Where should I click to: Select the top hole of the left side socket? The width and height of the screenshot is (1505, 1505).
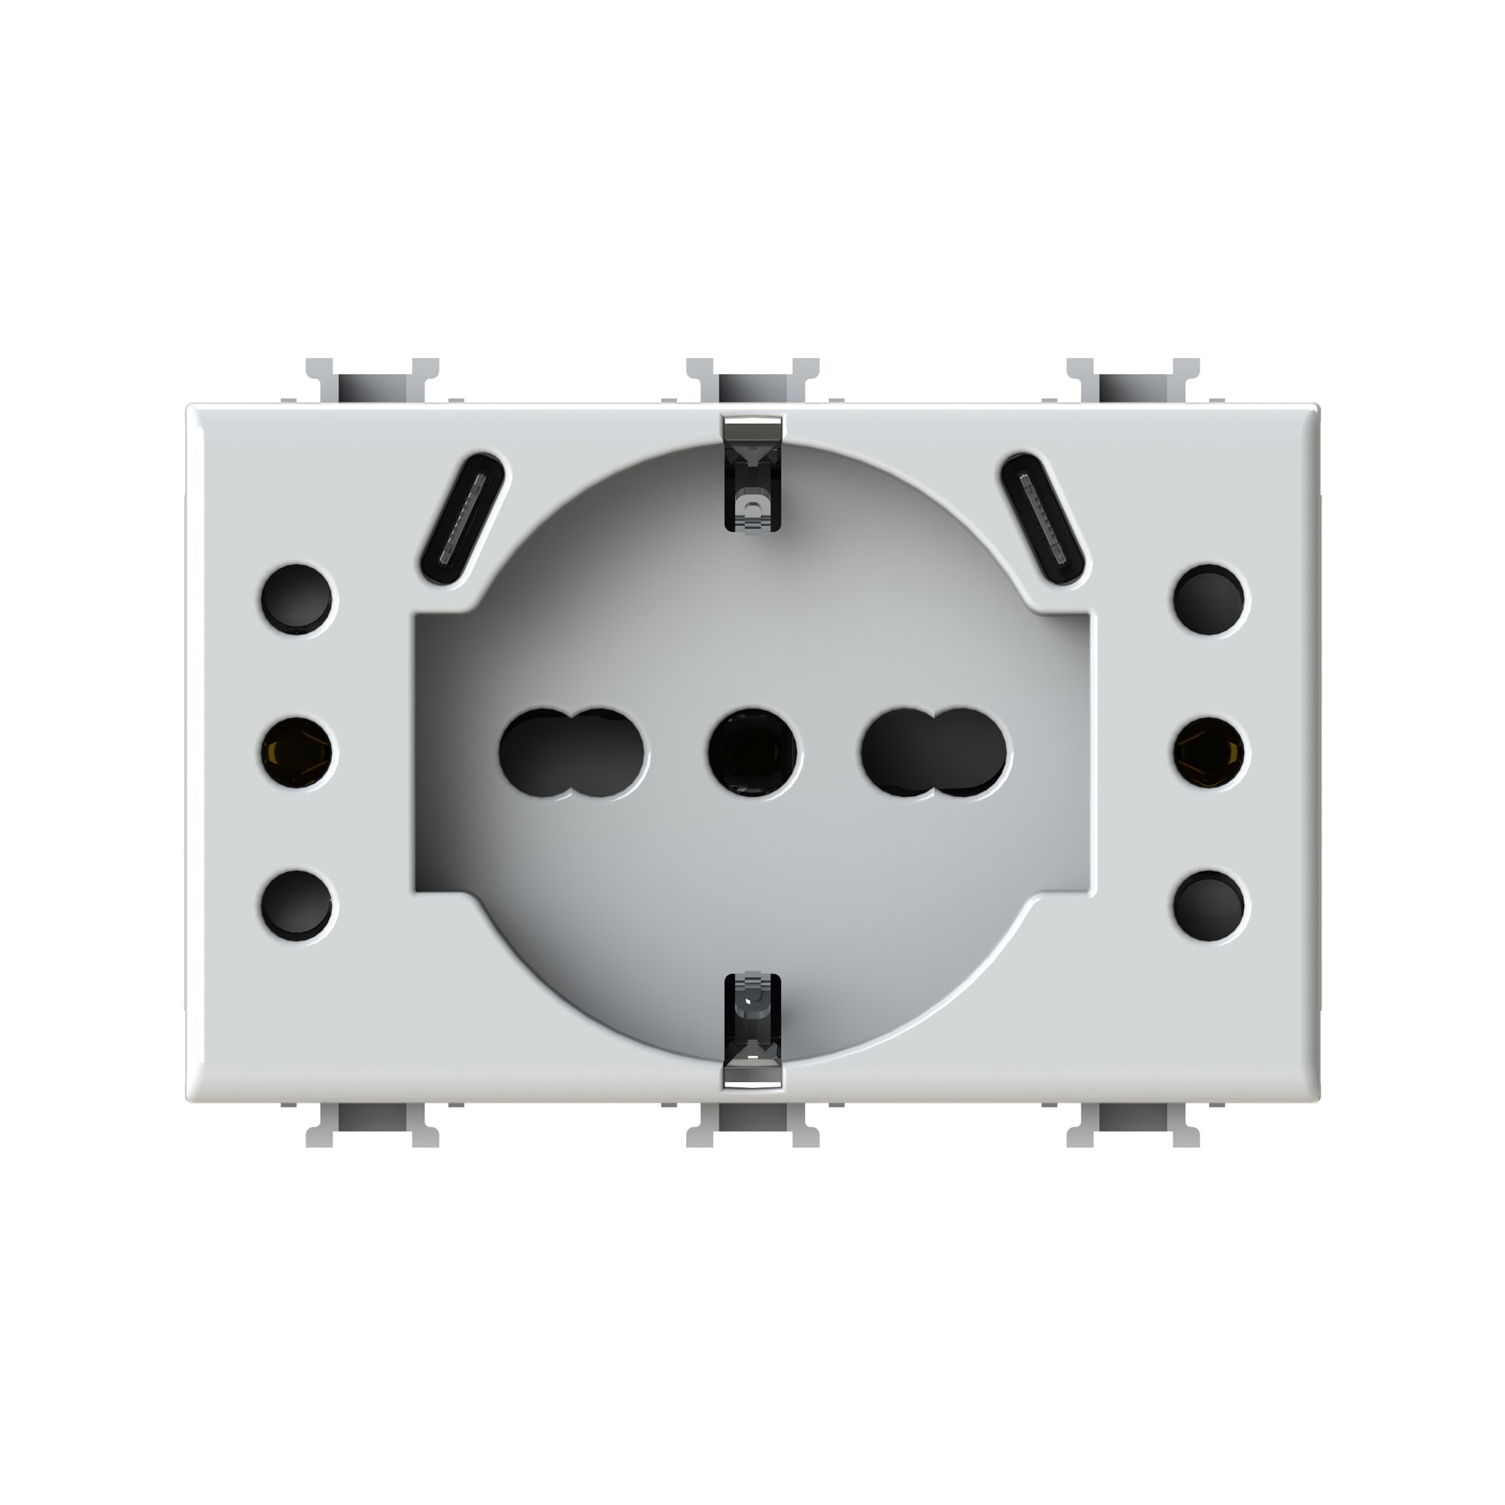coord(296,599)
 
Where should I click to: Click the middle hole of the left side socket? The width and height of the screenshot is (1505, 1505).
coord(296,752)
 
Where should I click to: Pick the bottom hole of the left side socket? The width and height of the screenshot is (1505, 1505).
coord(296,905)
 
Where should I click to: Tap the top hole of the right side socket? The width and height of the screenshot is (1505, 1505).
coord(1209,599)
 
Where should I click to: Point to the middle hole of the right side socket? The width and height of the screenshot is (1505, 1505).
coord(1209,752)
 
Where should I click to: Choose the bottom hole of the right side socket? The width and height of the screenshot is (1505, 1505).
coord(1209,905)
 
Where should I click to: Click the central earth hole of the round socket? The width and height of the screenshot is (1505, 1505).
coord(752,752)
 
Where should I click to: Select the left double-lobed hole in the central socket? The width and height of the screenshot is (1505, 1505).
coord(571,752)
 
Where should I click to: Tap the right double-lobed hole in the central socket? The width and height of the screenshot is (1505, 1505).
coord(933,752)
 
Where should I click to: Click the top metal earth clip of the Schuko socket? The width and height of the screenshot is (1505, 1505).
coord(752,475)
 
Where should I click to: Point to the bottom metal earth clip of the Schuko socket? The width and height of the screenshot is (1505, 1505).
coord(752,1030)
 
